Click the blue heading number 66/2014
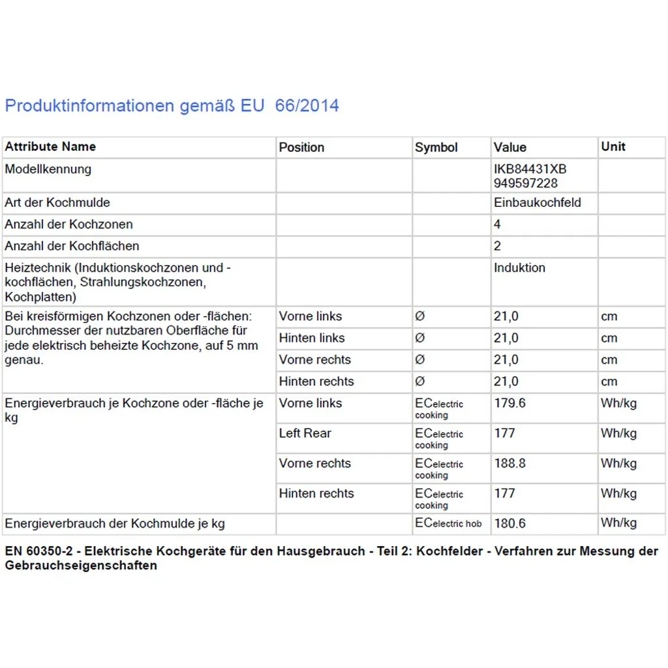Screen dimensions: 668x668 coord(307,106)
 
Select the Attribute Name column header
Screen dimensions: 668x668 coord(50,147)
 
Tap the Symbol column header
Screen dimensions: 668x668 coord(436,147)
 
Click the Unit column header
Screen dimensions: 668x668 coord(613,147)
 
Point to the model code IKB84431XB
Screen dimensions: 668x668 coord(530,169)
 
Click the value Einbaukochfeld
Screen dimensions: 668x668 coord(537,203)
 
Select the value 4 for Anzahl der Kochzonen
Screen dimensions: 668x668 coord(498,224)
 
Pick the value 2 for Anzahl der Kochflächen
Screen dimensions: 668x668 coord(498,246)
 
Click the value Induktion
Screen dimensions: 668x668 coord(519,267)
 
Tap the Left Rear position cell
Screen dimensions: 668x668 coord(305,433)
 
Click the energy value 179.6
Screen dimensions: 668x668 coord(509,403)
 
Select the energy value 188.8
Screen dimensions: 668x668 coord(509,463)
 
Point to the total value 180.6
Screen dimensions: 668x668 coord(509,523)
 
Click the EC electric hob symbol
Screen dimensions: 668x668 coord(448,523)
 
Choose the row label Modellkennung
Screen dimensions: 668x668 coord(48,169)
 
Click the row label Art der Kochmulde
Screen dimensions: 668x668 coord(57,203)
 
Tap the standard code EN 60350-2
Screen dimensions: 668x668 coord(42,551)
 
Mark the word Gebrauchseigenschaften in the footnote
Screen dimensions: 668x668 coord(81,566)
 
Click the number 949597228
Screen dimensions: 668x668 coord(526,183)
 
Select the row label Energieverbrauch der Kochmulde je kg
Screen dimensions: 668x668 coord(115,523)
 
